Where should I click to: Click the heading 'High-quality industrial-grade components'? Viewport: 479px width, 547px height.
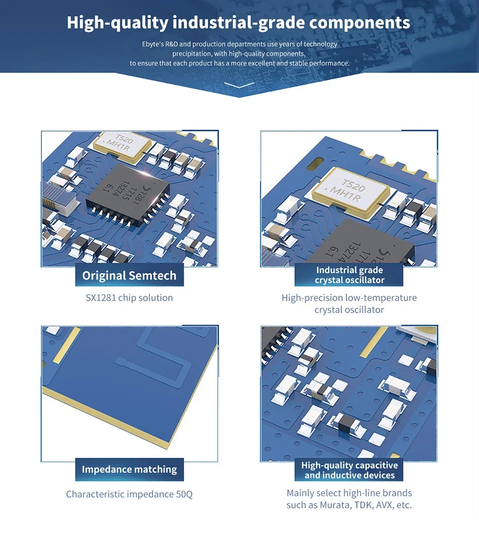click(x=238, y=23)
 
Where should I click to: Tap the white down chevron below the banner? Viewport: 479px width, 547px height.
click(x=239, y=85)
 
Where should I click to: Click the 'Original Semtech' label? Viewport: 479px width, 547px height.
click(x=130, y=276)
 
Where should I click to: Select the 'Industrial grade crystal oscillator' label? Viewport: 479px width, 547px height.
click(x=349, y=275)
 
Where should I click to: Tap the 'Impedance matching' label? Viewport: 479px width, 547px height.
click(x=130, y=469)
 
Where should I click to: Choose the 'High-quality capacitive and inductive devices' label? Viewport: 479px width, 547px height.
click(x=349, y=470)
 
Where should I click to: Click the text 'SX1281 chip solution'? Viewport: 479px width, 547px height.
click(x=129, y=298)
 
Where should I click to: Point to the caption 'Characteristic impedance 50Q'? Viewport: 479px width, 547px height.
click(x=129, y=494)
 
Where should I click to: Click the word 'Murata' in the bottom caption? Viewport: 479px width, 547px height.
click(x=333, y=505)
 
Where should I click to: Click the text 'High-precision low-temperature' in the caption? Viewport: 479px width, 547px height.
click(x=349, y=298)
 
